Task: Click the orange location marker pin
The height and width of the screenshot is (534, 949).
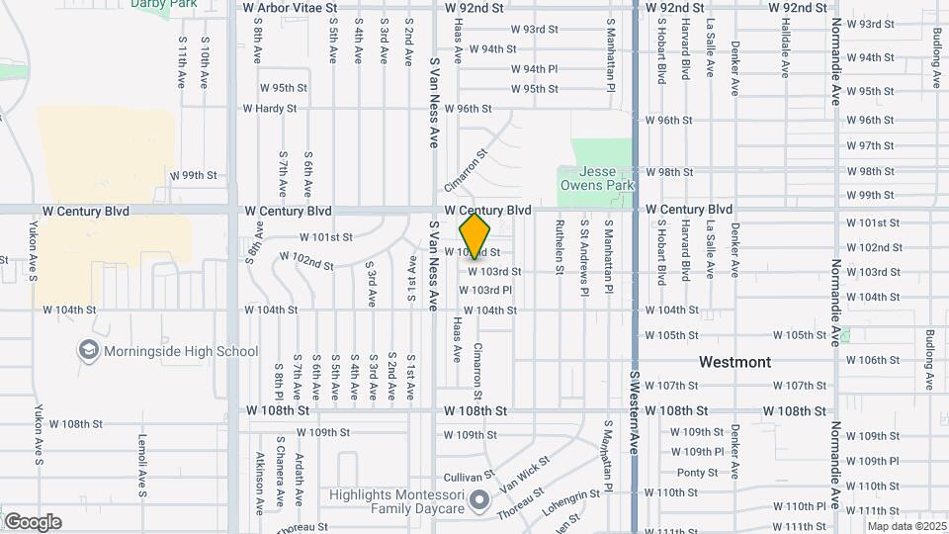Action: pyautogui.click(x=475, y=236)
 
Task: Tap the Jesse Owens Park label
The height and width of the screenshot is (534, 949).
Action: pyautogui.click(x=596, y=178)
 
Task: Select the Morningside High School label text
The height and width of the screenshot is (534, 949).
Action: pyautogui.click(x=181, y=351)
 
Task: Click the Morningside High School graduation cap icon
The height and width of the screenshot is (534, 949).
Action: pyautogui.click(x=88, y=350)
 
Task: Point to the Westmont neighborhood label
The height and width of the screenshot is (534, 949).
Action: pyautogui.click(x=734, y=362)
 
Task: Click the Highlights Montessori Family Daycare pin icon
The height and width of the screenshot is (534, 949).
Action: pyautogui.click(x=479, y=500)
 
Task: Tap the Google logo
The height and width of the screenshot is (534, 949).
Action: pyautogui.click(x=33, y=522)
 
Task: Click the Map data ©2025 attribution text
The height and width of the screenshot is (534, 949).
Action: pyautogui.click(x=906, y=526)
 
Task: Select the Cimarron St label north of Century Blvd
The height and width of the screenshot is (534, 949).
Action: pyautogui.click(x=468, y=171)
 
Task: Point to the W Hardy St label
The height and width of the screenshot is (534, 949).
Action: pyautogui.click(x=270, y=109)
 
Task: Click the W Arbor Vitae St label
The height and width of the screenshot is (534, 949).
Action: pyautogui.click(x=290, y=6)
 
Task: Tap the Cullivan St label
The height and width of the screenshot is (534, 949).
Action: pyautogui.click(x=469, y=475)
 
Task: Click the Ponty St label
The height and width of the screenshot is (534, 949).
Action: pyautogui.click(x=697, y=473)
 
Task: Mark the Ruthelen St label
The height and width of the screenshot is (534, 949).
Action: pyautogui.click(x=560, y=254)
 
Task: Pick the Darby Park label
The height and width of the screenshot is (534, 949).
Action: pyautogui.click(x=163, y=4)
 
